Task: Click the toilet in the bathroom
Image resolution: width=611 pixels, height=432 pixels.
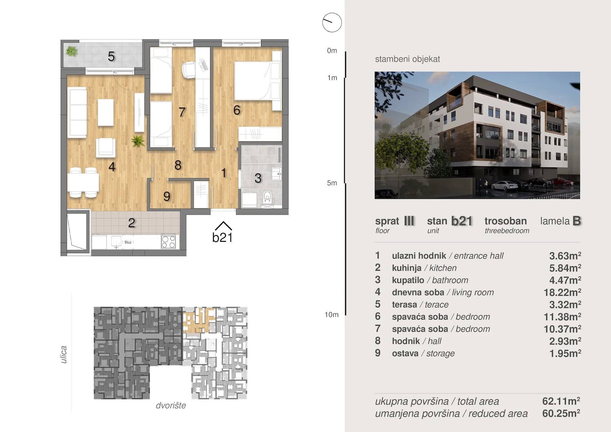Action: [x=267, y=197]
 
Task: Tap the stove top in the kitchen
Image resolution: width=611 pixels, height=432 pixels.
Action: [x=168, y=242]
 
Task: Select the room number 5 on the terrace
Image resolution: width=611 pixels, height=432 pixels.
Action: [x=111, y=57]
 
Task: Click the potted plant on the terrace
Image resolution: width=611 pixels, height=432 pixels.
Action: [x=72, y=51]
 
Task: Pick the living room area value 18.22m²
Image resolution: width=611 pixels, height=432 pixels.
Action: [x=562, y=292]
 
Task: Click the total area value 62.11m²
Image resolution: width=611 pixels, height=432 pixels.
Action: [x=561, y=401]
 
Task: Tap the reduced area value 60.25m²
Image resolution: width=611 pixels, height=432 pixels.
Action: [x=561, y=413]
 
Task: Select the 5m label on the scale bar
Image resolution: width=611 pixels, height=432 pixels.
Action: [x=332, y=183]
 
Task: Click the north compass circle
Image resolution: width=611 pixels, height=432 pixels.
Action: [x=332, y=23]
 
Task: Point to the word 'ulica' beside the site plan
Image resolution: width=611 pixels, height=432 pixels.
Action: [x=63, y=355]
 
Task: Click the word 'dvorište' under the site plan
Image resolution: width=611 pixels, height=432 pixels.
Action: [x=171, y=406]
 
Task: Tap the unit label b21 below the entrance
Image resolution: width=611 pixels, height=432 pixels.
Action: [x=222, y=238]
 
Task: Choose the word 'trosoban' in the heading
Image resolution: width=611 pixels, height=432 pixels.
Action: [x=505, y=221]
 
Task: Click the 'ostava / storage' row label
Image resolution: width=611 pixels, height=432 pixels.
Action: [x=423, y=353]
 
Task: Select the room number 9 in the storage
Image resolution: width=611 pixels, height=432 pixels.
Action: [x=167, y=196]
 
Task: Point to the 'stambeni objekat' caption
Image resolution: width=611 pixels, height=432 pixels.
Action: [x=407, y=59]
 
